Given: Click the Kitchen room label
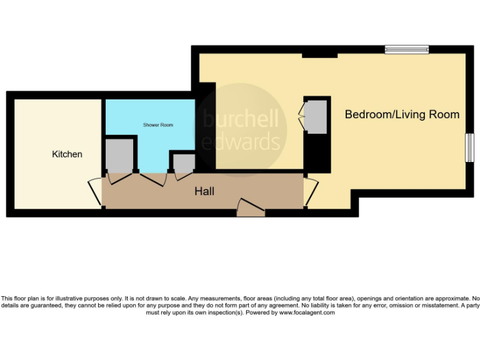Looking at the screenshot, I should [x=67, y=154].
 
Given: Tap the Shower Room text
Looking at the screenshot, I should [x=157, y=125].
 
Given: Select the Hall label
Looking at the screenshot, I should [x=204, y=191].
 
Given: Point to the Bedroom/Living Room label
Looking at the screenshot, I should [x=402, y=114].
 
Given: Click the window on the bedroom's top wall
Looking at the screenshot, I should [x=406, y=49].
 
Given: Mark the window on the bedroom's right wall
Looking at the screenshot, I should [x=469, y=148].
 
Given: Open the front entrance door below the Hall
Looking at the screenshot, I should [x=251, y=209].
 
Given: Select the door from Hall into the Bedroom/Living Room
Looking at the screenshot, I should [x=311, y=191].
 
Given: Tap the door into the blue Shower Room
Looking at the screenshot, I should [x=152, y=177].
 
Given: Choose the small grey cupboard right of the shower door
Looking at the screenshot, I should [x=182, y=163].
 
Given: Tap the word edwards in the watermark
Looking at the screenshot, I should [x=241, y=142].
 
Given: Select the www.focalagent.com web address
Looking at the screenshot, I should [x=307, y=312].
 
